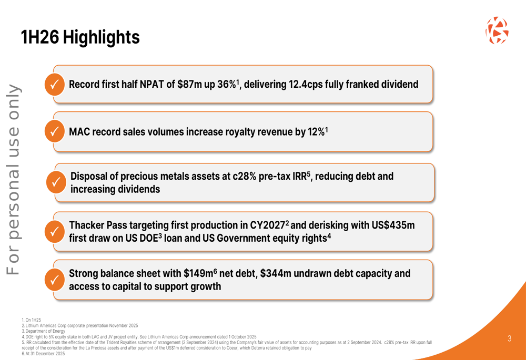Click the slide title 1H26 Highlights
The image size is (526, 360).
[x=80, y=37]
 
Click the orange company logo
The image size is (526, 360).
[x=497, y=30]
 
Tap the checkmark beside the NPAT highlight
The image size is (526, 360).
[x=54, y=84]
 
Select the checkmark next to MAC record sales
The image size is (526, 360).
[x=54, y=131]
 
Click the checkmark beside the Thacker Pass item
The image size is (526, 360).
[x=54, y=232]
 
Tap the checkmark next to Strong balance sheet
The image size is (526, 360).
[x=54, y=280]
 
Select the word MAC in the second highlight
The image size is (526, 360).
[x=79, y=132]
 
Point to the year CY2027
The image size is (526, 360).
[x=267, y=225]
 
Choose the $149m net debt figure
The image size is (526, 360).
[x=198, y=274]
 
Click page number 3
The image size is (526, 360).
[x=509, y=338]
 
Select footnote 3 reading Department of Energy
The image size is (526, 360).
[x=44, y=331]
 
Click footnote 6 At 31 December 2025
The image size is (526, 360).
[x=44, y=354]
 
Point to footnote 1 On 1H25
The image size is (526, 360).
[x=32, y=320]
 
